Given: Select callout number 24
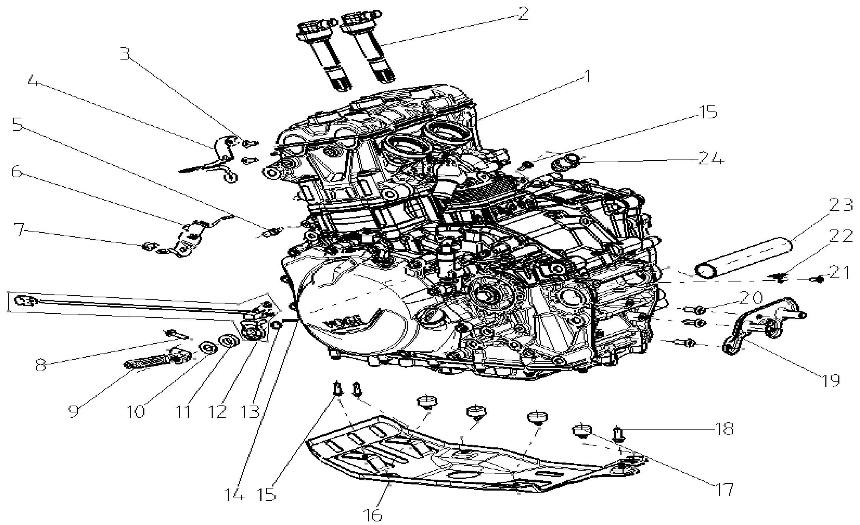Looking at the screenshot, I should point(711,159).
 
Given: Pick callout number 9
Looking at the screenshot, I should point(74,411).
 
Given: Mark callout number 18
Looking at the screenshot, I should point(725,429).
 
